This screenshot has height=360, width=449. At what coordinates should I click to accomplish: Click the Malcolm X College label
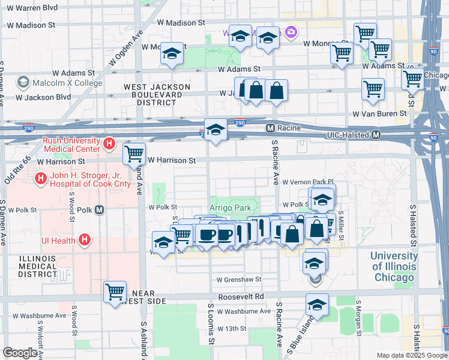[x=58, y=83]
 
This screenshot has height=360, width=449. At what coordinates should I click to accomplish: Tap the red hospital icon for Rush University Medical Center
[x=109, y=143]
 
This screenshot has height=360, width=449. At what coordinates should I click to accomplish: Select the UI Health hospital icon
[x=85, y=241]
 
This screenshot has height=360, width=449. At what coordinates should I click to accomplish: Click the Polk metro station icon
[x=100, y=210]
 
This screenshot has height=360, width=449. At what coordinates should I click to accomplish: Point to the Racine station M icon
[x=270, y=128]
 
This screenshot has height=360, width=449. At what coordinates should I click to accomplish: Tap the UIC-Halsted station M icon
[x=376, y=135]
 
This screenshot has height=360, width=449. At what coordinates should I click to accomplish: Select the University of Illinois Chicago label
[x=393, y=266]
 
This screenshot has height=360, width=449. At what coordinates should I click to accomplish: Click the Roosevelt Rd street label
[x=242, y=296]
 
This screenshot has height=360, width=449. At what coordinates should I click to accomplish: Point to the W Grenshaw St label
[x=239, y=280]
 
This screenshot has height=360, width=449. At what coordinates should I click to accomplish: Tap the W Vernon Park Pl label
[x=307, y=181]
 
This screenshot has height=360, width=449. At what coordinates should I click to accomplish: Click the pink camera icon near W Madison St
[x=291, y=32]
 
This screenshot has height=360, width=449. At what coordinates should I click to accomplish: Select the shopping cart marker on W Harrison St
[x=134, y=154]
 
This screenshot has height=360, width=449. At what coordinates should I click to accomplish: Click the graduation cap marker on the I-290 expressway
[x=215, y=130]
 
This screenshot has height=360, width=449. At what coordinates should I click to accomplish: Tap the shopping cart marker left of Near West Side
[x=115, y=292]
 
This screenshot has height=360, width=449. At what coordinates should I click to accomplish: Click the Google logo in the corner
[x=20, y=353]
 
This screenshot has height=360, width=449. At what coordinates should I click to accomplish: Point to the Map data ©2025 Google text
[x=411, y=355]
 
